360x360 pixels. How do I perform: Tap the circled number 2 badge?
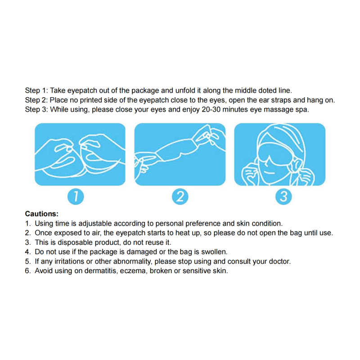pos(180,197)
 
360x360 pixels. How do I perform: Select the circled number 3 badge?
pos(283,197)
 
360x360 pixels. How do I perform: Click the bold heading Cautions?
pos(42,214)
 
